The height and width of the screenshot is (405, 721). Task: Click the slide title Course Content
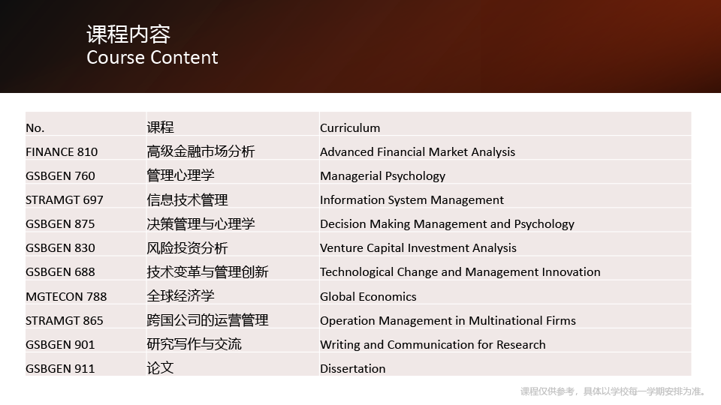(152, 58)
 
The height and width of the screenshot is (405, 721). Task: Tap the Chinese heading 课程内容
(128, 34)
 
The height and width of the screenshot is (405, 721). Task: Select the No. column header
(35, 128)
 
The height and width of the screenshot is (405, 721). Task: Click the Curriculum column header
(350, 128)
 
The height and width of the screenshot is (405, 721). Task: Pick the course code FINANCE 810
(62, 152)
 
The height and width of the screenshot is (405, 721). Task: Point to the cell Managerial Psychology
(382, 176)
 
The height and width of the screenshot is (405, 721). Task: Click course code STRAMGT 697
(65, 200)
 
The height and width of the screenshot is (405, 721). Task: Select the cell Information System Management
(412, 200)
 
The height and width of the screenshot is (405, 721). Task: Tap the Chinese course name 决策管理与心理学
(201, 224)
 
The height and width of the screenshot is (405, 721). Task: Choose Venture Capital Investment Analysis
(418, 248)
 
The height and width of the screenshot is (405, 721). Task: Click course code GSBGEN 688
(60, 272)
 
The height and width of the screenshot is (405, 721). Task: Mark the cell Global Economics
(368, 297)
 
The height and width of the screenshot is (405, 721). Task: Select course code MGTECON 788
(66, 297)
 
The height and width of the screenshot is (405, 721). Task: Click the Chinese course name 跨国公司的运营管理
(207, 320)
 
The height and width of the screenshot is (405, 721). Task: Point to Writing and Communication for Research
(433, 345)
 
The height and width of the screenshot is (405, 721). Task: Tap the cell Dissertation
(353, 369)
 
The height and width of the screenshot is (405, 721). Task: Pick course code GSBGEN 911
(60, 369)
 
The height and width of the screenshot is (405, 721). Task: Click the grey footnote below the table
(614, 391)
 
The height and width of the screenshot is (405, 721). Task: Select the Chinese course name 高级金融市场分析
(201, 151)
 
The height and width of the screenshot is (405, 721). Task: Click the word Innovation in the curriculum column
(571, 272)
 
